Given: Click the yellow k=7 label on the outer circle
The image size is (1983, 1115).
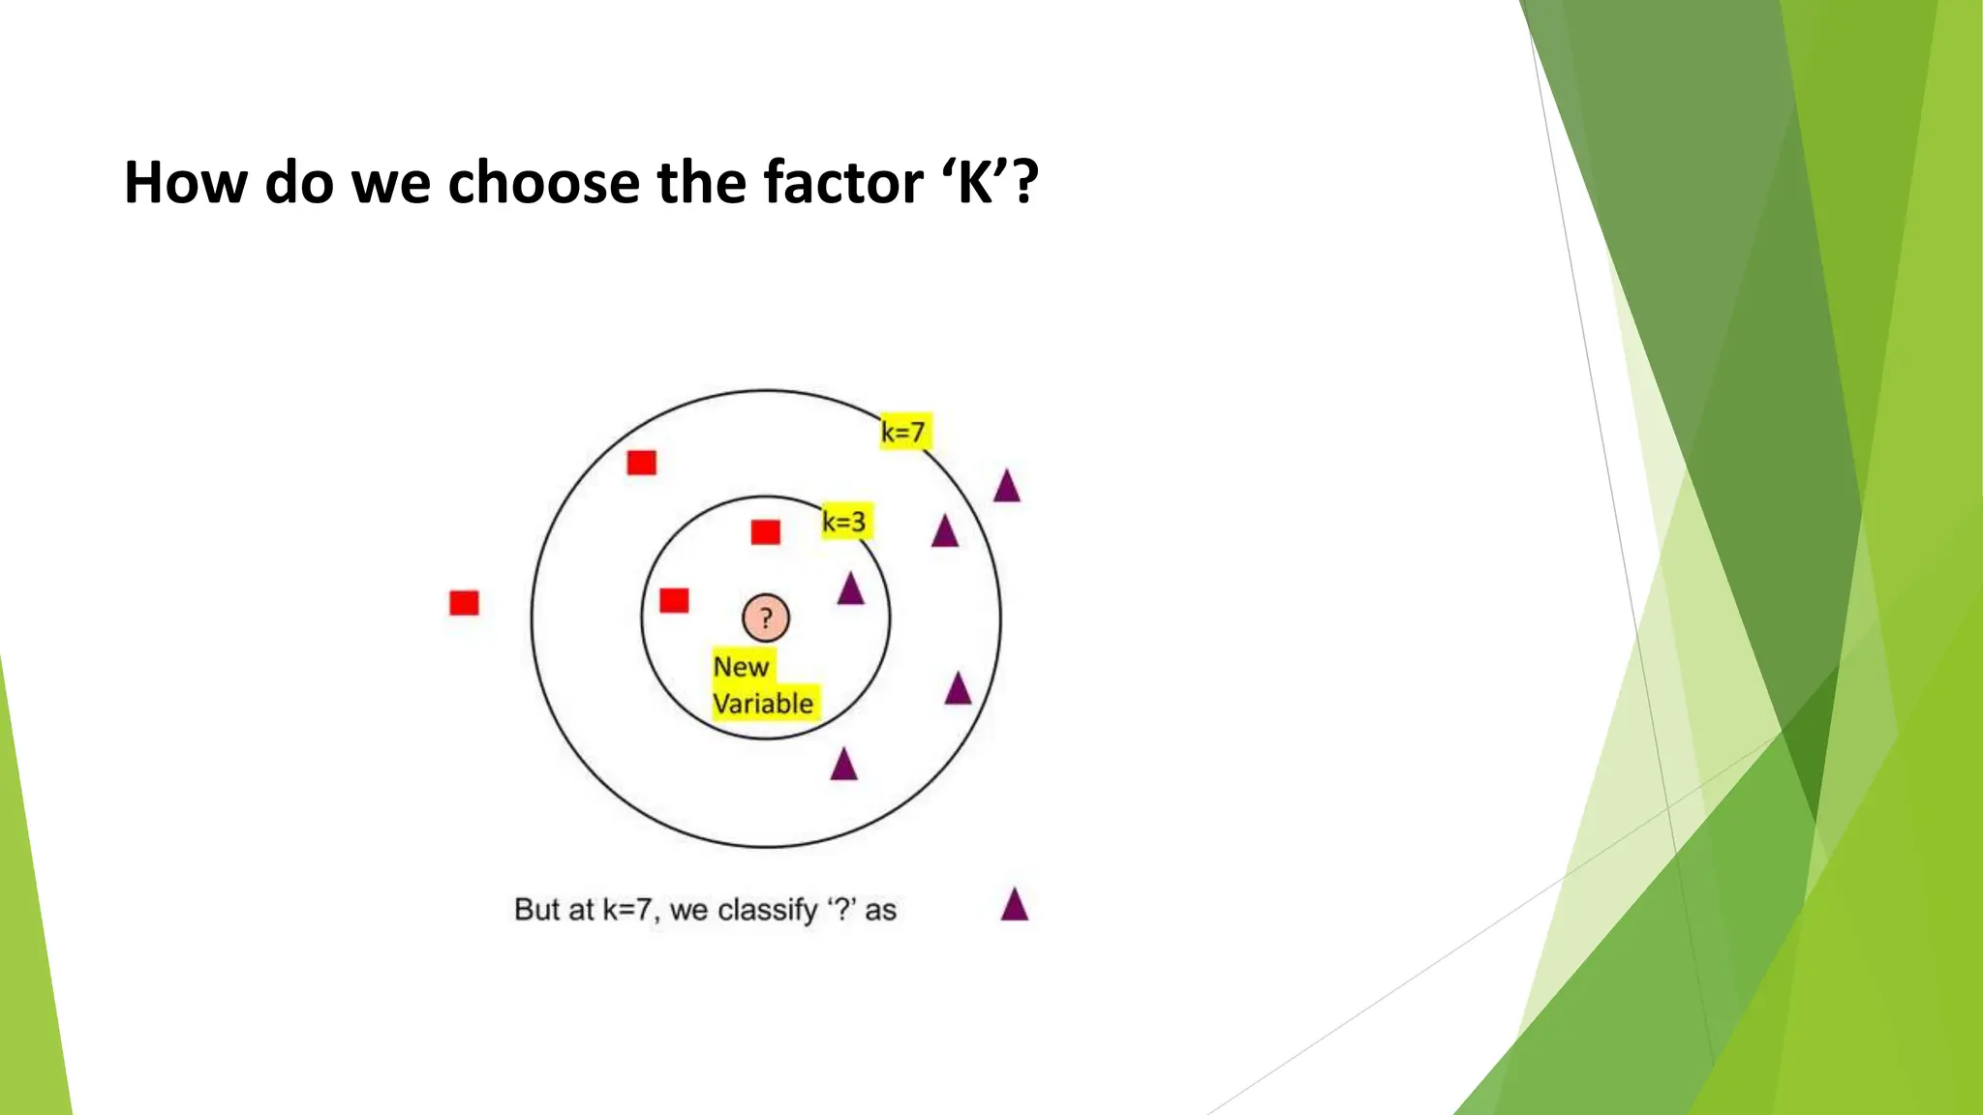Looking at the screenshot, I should pyautogui.click(x=904, y=432).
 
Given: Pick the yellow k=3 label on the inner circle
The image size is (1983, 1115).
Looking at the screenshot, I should pyautogui.click(x=845, y=522).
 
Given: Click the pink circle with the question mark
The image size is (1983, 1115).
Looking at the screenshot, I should pyautogui.click(x=766, y=618).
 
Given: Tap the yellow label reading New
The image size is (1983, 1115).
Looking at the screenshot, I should pyautogui.click(x=742, y=666).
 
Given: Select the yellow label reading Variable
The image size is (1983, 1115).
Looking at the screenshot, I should pyautogui.click(x=764, y=704).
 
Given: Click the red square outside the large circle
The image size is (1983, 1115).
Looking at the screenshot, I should pyautogui.click(x=464, y=603).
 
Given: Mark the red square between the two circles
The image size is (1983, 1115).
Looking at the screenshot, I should pyautogui.click(x=641, y=463).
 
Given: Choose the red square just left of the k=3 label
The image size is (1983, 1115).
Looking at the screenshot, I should pyautogui.click(x=765, y=531).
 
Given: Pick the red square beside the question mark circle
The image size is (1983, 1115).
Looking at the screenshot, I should pyautogui.click(x=674, y=600).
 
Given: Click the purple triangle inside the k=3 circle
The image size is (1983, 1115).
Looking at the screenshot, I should pyautogui.click(x=850, y=589).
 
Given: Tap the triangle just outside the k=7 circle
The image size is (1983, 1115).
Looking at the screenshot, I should pyautogui.click(x=1007, y=487).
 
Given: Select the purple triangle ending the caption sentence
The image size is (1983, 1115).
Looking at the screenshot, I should pyautogui.click(x=1014, y=906).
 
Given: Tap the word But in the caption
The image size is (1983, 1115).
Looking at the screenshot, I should pyautogui.click(x=536, y=910).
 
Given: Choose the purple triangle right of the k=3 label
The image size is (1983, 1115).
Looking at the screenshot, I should pyautogui.click(x=944, y=532).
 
